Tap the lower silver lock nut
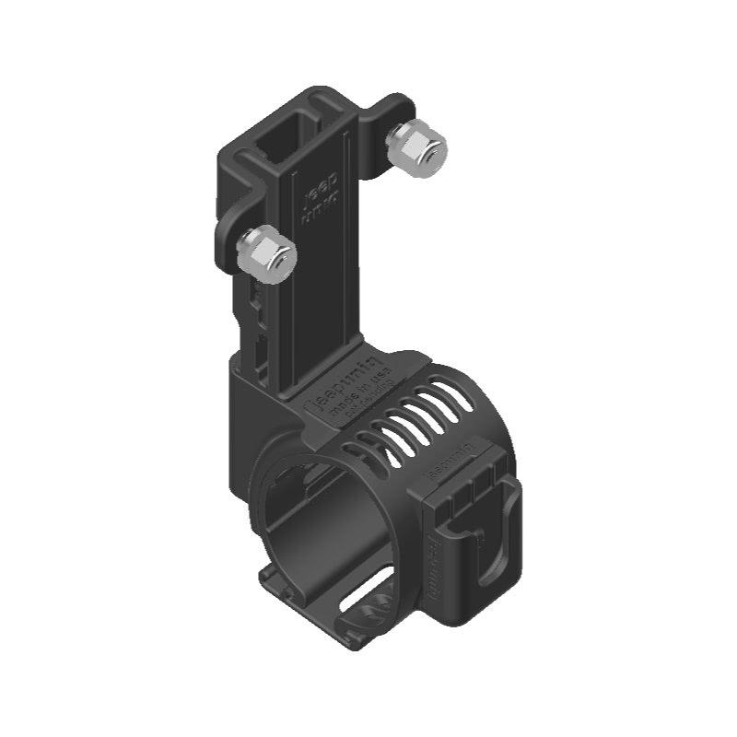265,252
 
